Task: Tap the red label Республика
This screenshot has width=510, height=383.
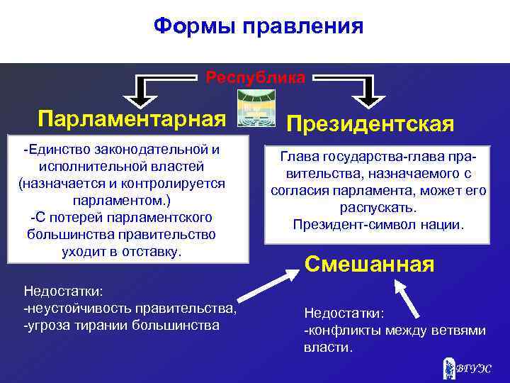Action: coord(256,77)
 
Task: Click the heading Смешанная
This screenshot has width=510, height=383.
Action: coord(368,265)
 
